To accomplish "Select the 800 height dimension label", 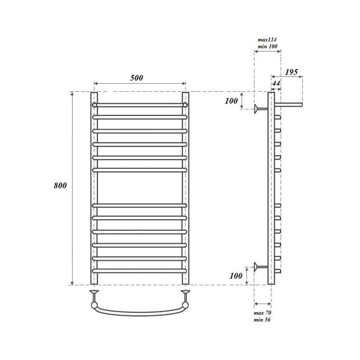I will pos(60,186).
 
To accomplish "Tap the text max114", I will pos(267,39).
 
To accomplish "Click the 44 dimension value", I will pos(276,83).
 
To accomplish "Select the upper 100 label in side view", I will pos(231,101).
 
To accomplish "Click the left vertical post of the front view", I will pos(94,186).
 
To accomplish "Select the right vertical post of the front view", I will pos(185,186).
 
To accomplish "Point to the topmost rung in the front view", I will pos(140,105).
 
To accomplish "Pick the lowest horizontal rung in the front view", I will pos(140,271).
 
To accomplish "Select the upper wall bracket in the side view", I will pos(260,109).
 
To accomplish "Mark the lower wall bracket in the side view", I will pos(260,268).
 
